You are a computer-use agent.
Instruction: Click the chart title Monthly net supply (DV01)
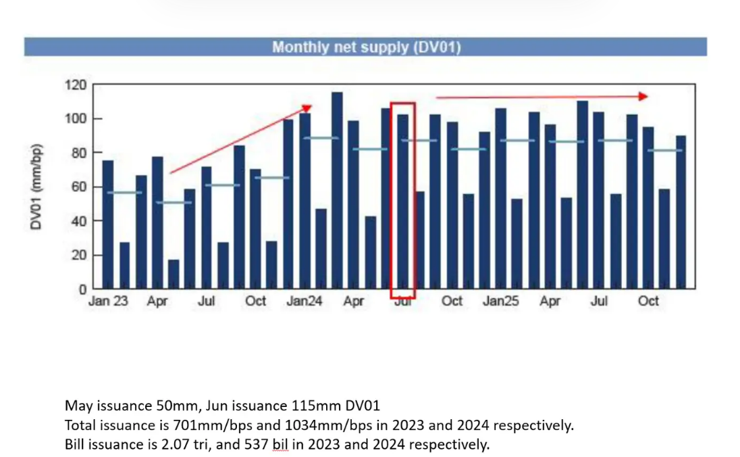366,47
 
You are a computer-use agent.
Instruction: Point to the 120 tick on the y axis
76,85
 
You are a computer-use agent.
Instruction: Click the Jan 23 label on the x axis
108,302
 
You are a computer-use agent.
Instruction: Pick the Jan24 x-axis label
304,302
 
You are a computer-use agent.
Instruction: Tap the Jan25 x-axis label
500,302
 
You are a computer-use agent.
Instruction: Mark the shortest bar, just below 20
174,274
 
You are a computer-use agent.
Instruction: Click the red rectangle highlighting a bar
402,200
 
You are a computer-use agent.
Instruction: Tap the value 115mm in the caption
285,406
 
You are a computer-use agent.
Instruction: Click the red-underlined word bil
280,446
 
